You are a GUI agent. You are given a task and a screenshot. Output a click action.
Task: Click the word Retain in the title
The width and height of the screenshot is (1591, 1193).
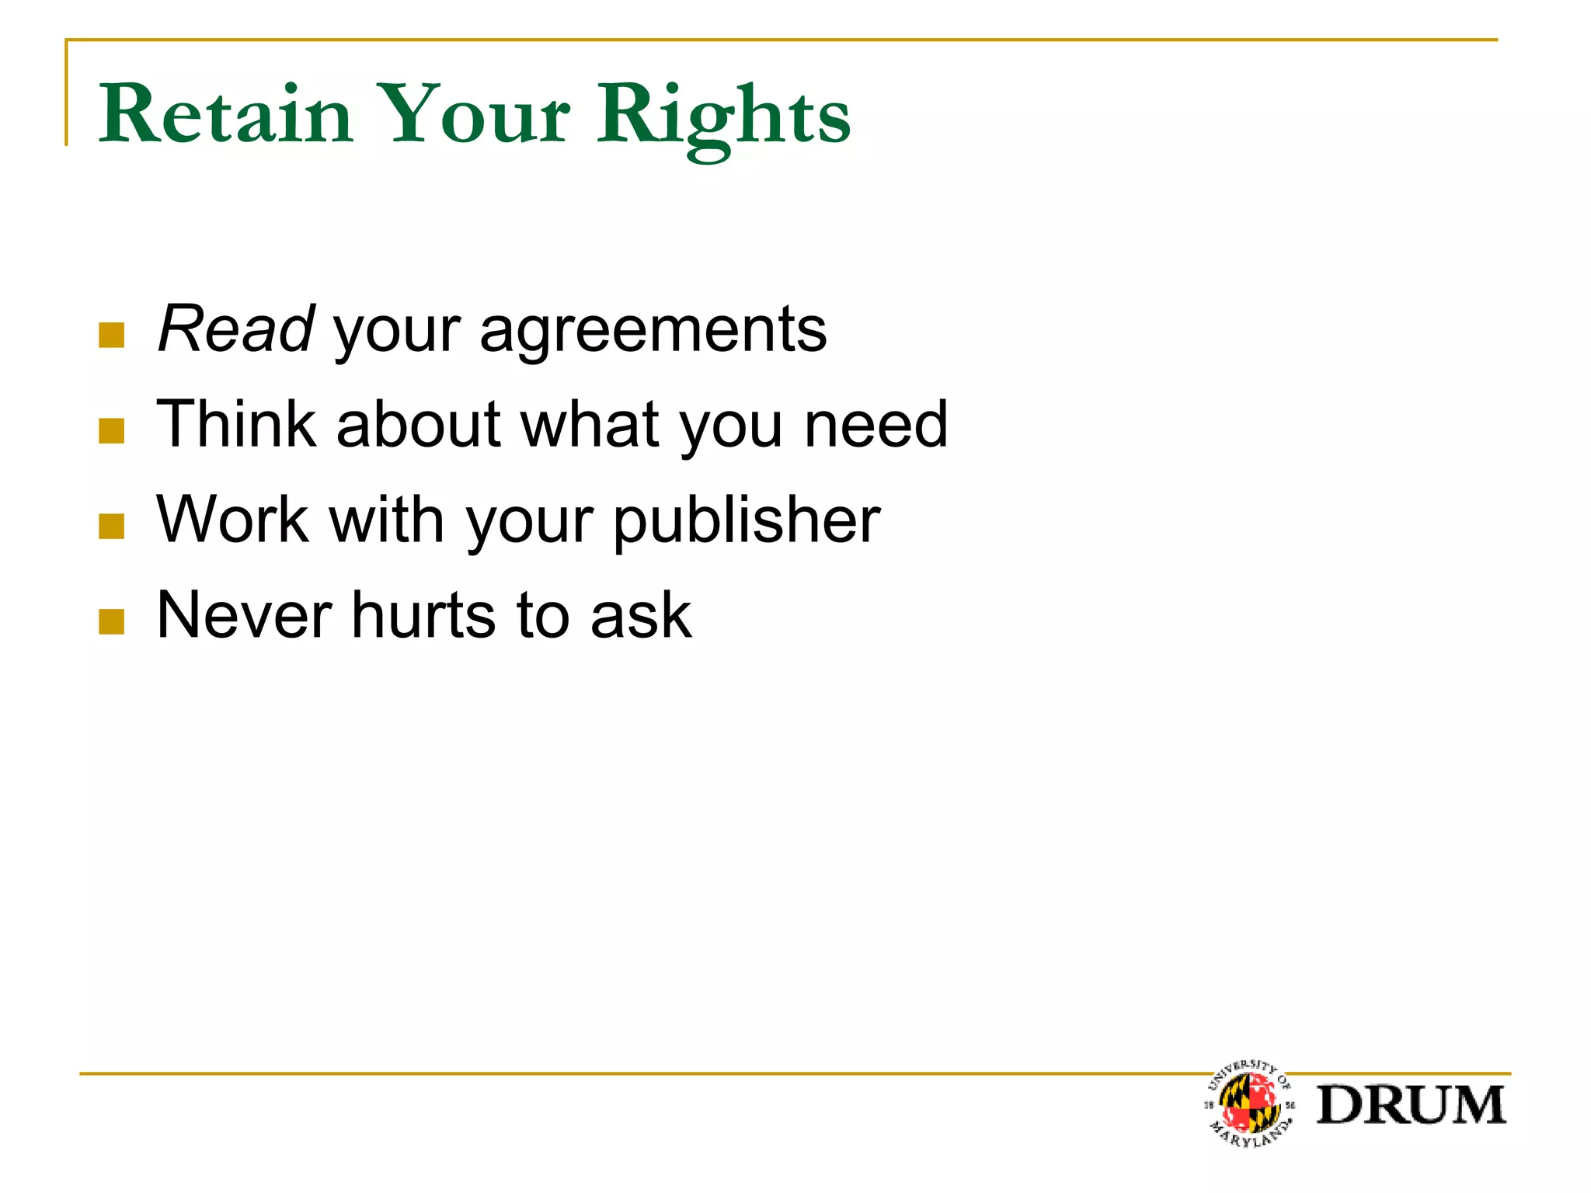[226, 115]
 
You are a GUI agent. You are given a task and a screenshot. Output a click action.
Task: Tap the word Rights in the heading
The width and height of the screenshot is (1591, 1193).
[723, 117]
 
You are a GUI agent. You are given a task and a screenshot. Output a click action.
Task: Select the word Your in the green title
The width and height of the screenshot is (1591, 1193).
[475, 115]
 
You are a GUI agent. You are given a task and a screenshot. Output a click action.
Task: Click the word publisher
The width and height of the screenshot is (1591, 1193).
[747, 522]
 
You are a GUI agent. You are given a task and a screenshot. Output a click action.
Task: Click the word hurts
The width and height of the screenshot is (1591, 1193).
[423, 615]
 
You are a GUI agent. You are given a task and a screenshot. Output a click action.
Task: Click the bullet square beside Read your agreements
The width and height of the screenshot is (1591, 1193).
[112, 336]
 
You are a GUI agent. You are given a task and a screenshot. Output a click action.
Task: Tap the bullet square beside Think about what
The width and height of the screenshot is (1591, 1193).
[112, 431]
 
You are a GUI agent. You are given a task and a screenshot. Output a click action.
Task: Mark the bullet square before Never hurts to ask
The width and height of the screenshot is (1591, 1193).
[112, 621]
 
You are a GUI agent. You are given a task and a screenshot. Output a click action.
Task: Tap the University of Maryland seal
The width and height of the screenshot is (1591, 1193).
[1249, 1104]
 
